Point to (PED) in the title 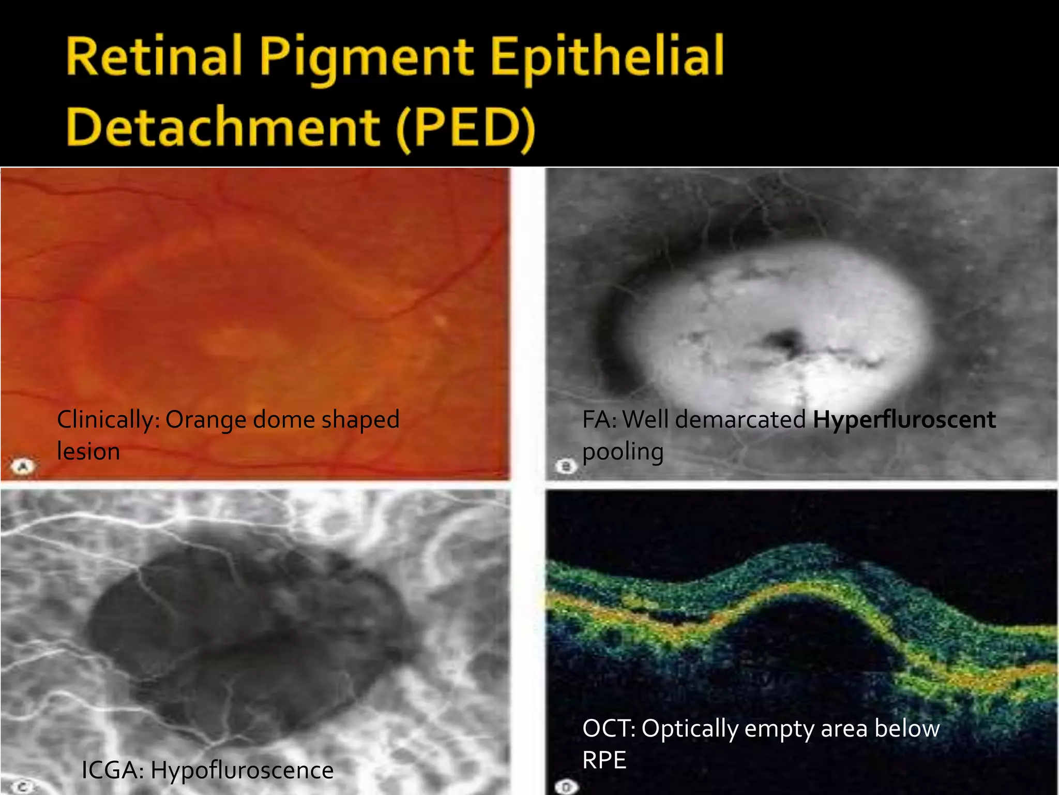pyautogui.click(x=465, y=128)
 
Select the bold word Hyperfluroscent pyautogui.click(x=904, y=419)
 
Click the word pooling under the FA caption pyautogui.click(x=623, y=452)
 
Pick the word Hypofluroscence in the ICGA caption pyautogui.click(x=242, y=770)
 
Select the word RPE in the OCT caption pyautogui.click(x=604, y=760)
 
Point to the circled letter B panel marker pyautogui.click(x=566, y=467)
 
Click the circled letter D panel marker pyautogui.click(x=566, y=787)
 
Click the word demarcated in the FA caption pyautogui.click(x=740, y=419)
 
